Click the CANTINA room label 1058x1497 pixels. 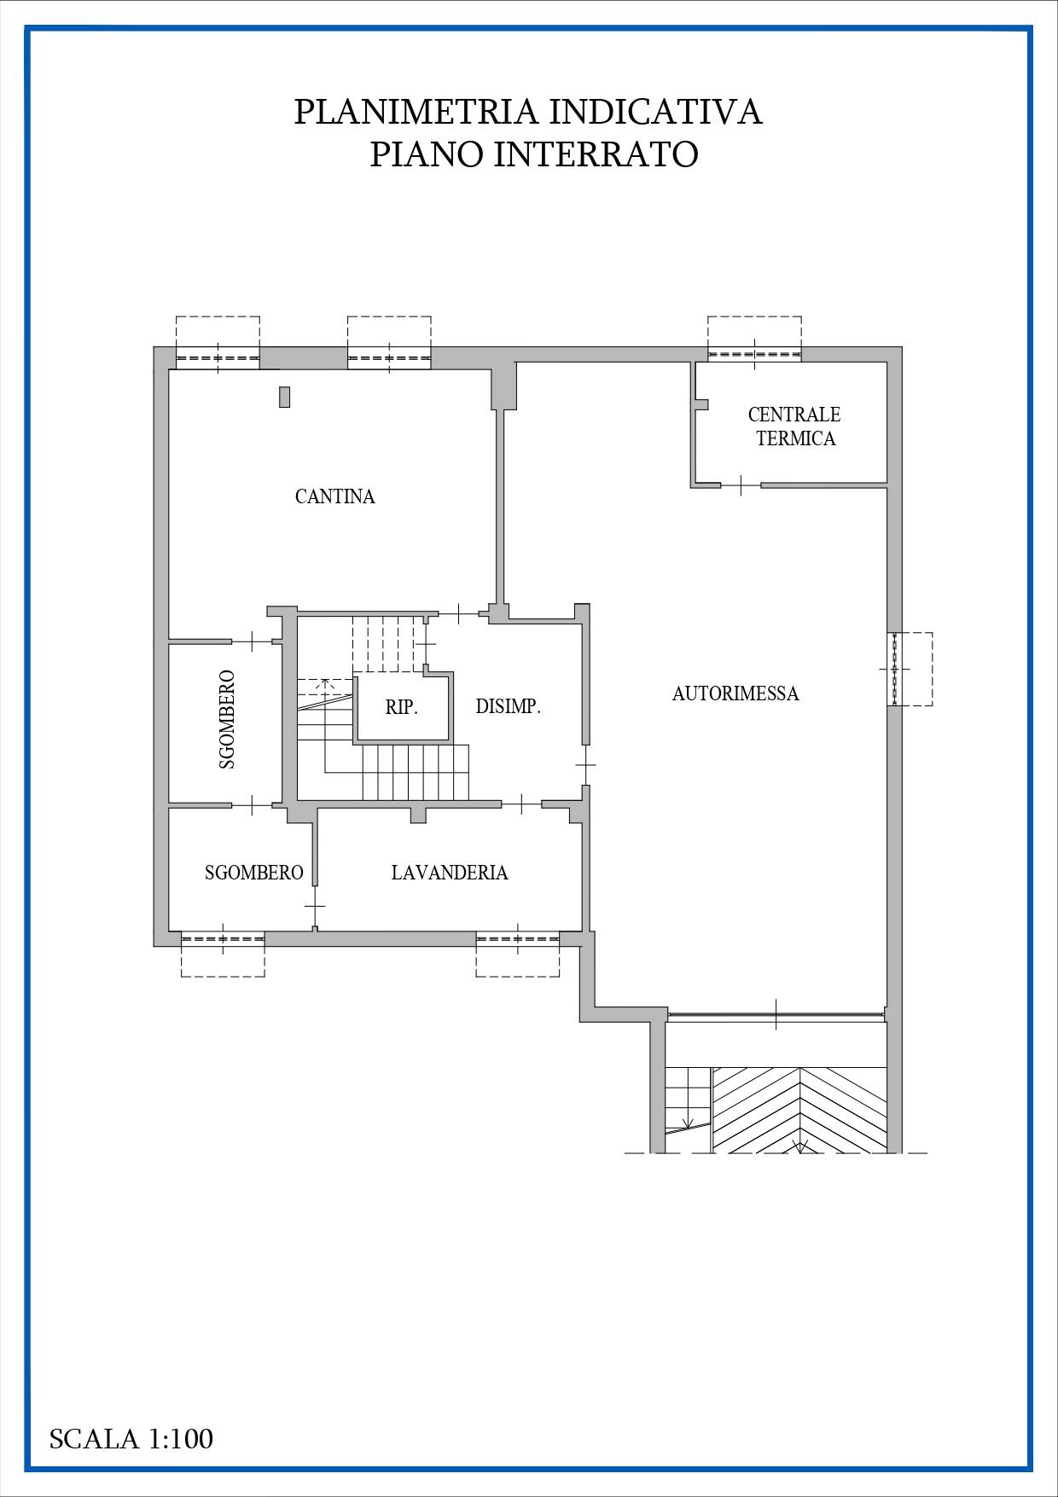click(x=334, y=496)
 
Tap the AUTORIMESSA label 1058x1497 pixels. click(x=735, y=693)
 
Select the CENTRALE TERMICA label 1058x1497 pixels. click(x=794, y=426)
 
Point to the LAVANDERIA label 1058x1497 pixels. click(x=450, y=873)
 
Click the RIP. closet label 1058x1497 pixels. click(x=401, y=707)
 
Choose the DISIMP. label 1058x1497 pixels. click(x=509, y=706)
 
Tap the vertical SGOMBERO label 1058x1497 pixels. click(x=227, y=720)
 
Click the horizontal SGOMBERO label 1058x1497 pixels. click(x=254, y=873)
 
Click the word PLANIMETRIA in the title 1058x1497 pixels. click(x=416, y=112)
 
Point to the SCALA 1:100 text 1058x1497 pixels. click(x=131, y=1439)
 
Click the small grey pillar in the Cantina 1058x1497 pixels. click(x=284, y=397)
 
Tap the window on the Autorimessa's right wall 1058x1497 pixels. click(x=894, y=669)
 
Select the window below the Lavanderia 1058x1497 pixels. click(x=518, y=938)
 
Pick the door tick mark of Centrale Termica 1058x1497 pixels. click(x=741, y=485)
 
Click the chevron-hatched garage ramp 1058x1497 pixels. click(x=799, y=1110)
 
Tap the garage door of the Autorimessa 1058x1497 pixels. click(x=776, y=1015)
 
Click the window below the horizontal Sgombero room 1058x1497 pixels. click(x=223, y=938)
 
